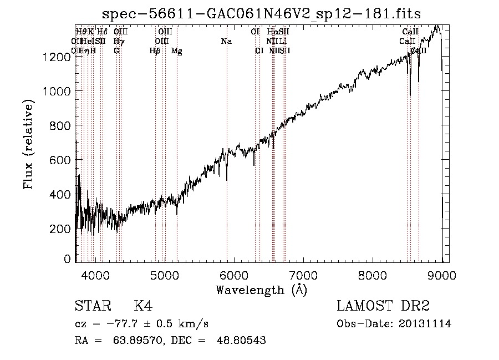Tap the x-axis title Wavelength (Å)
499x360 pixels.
pos(262,289)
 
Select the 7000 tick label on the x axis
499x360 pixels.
pos(303,275)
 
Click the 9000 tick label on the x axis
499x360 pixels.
pos(442,275)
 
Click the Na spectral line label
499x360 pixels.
pos(226,42)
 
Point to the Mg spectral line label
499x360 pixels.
pos(176,51)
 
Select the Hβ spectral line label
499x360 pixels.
pos(155,51)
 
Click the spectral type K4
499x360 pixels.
pos(142,307)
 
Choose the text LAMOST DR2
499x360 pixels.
pos(383,307)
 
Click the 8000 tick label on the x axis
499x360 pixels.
pos(373,275)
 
